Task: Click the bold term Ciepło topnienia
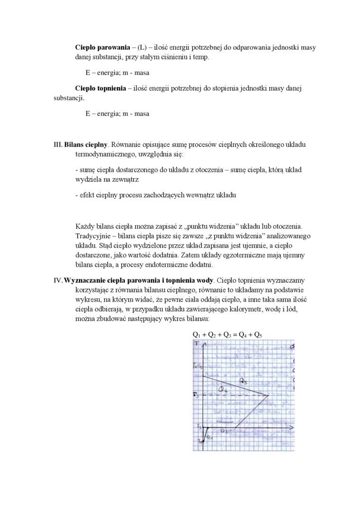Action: point(100,89)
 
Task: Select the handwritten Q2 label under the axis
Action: point(224,431)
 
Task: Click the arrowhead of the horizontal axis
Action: point(293,428)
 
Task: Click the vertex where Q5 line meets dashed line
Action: point(268,395)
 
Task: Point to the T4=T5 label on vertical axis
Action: point(198,366)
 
